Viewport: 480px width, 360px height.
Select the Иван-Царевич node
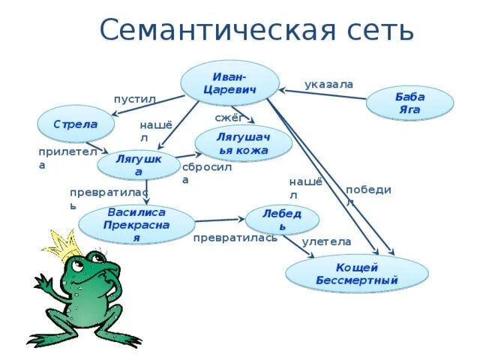[229, 83]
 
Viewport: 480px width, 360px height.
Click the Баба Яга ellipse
[409, 103]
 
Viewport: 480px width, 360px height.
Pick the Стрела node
[75, 124]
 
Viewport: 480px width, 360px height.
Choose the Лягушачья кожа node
[242, 143]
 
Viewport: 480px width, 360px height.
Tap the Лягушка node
[139, 166]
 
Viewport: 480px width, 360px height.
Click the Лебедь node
[282, 220]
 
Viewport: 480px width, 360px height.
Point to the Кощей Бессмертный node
[357, 274]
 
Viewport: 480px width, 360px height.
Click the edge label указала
[328, 84]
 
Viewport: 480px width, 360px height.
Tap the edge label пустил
[134, 99]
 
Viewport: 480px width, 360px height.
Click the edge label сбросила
[206, 173]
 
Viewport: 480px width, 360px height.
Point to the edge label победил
[368, 195]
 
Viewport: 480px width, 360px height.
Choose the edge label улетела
[326, 241]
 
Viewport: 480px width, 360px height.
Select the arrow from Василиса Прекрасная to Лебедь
[220, 220]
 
